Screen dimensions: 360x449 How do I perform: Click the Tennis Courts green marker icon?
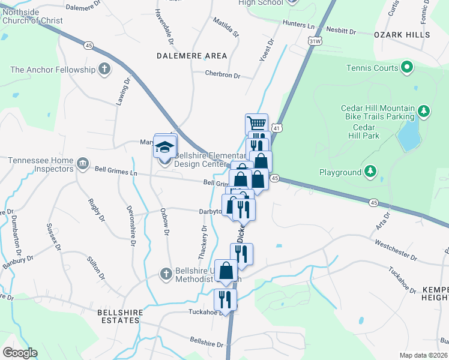(x=408, y=68)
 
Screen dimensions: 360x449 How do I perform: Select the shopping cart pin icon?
(x=257, y=124)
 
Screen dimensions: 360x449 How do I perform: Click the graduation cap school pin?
(x=164, y=146)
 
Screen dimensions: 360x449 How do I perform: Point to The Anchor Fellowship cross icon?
(x=105, y=70)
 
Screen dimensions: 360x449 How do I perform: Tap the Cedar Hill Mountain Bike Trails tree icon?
(x=424, y=110)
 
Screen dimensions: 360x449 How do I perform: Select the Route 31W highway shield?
(x=314, y=40)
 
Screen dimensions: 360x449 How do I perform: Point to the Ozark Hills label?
(x=402, y=35)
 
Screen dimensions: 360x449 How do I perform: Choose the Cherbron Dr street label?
(x=221, y=76)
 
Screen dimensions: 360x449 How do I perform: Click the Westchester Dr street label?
(x=395, y=250)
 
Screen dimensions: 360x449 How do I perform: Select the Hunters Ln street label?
(x=298, y=26)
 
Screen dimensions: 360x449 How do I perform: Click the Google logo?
(x=20, y=353)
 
